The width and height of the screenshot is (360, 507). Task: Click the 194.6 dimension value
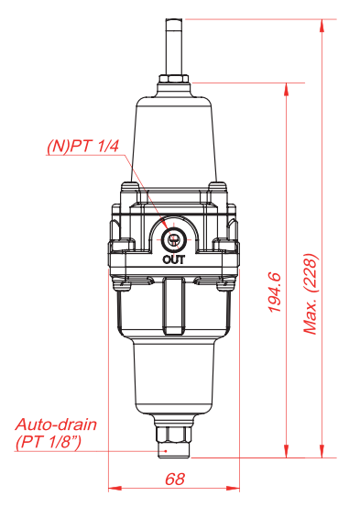[275, 292]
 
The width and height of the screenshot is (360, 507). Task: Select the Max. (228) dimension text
[311, 294]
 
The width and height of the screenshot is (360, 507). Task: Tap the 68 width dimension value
[175, 479]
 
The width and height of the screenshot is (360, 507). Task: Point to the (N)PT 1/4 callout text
[83, 146]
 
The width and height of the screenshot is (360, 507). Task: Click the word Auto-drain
[56, 424]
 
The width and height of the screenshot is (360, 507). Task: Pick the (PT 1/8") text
[49, 442]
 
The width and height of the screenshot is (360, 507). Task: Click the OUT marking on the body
[174, 259]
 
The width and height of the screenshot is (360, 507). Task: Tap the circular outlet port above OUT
[173, 239]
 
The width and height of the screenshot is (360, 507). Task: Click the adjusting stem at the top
[175, 47]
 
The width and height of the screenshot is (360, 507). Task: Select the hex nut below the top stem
[174, 80]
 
